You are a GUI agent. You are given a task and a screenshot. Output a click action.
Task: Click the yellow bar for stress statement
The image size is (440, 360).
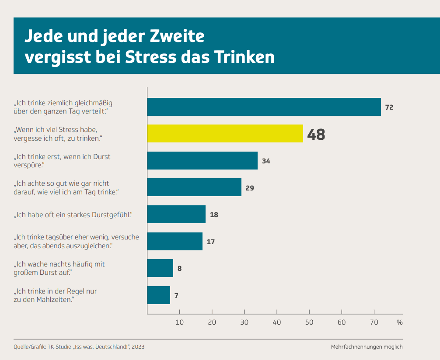point(225,134)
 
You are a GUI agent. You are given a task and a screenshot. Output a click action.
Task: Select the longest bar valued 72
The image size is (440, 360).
point(264,107)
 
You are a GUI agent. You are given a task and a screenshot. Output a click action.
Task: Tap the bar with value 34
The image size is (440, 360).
point(202,160)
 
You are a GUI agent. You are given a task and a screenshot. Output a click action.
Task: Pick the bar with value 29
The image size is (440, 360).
point(194,187)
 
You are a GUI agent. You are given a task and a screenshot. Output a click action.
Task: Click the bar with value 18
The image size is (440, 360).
point(176,215)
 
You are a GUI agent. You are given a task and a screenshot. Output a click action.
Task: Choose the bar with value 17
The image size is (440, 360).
point(175,241)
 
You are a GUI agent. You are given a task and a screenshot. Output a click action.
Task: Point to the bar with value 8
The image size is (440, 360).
point(160,268)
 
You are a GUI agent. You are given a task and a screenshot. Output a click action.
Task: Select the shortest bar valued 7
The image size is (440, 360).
point(158,295)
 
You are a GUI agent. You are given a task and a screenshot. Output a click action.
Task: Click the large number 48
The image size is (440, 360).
point(316,135)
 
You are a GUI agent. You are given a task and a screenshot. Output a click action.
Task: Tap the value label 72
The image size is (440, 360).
point(389,107)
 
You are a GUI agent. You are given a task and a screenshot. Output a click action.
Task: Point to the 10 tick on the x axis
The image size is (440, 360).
point(179,322)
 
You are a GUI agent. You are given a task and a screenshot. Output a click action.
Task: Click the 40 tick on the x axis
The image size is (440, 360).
point(277,322)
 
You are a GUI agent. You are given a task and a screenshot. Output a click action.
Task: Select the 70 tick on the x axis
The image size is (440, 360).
point(374,322)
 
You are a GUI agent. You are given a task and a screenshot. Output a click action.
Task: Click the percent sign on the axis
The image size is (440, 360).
point(399,322)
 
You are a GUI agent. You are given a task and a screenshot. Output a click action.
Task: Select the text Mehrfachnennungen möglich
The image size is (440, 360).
point(367,347)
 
